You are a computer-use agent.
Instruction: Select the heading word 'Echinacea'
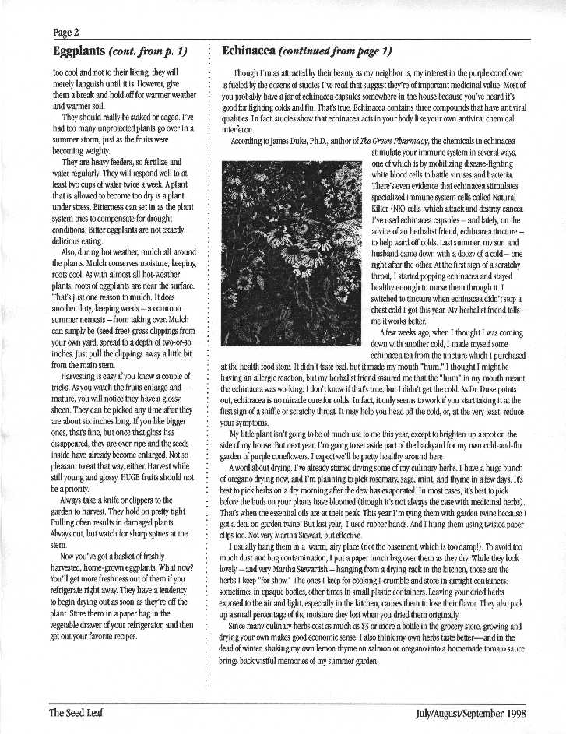click(250, 51)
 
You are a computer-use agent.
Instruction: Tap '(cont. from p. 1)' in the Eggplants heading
click(149, 51)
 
